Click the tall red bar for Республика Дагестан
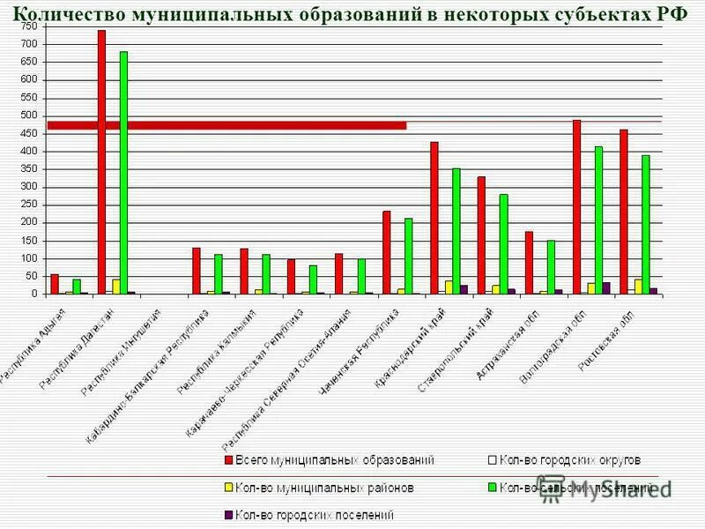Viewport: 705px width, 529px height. click(x=101, y=162)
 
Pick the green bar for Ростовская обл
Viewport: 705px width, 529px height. click(x=646, y=225)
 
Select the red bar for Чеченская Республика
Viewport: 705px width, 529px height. click(x=387, y=252)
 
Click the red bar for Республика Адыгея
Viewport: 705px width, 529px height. click(x=55, y=284)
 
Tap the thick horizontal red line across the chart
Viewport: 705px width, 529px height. click(x=226, y=125)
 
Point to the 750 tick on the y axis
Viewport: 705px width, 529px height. click(x=29, y=26)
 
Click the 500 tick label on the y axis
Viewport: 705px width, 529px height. click(x=29, y=115)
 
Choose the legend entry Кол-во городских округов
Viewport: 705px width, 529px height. click(x=569, y=460)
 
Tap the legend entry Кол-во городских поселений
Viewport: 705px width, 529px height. click(x=313, y=514)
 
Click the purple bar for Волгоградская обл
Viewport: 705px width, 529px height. click(x=606, y=288)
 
